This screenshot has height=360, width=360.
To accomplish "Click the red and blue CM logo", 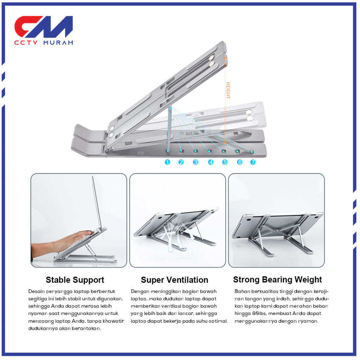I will (43, 27).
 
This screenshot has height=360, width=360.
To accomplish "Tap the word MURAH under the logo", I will (58, 43).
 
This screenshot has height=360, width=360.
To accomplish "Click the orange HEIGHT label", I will (228, 90).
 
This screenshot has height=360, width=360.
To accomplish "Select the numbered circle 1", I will (167, 162).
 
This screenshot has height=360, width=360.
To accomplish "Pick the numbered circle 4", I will (211, 162).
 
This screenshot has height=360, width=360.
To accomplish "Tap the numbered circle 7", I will (253, 162).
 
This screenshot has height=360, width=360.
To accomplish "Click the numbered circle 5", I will (225, 162).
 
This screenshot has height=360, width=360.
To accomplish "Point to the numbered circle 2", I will (181, 162).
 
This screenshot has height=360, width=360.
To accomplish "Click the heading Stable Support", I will (75, 280).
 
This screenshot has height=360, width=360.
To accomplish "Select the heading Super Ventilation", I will (174, 280).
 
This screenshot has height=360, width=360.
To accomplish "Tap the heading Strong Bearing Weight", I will (277, 280).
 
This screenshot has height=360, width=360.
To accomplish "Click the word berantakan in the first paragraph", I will (86, 328).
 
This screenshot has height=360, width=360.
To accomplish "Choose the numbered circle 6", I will (239, 162).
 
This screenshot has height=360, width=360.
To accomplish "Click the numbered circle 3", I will (195, 162).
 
